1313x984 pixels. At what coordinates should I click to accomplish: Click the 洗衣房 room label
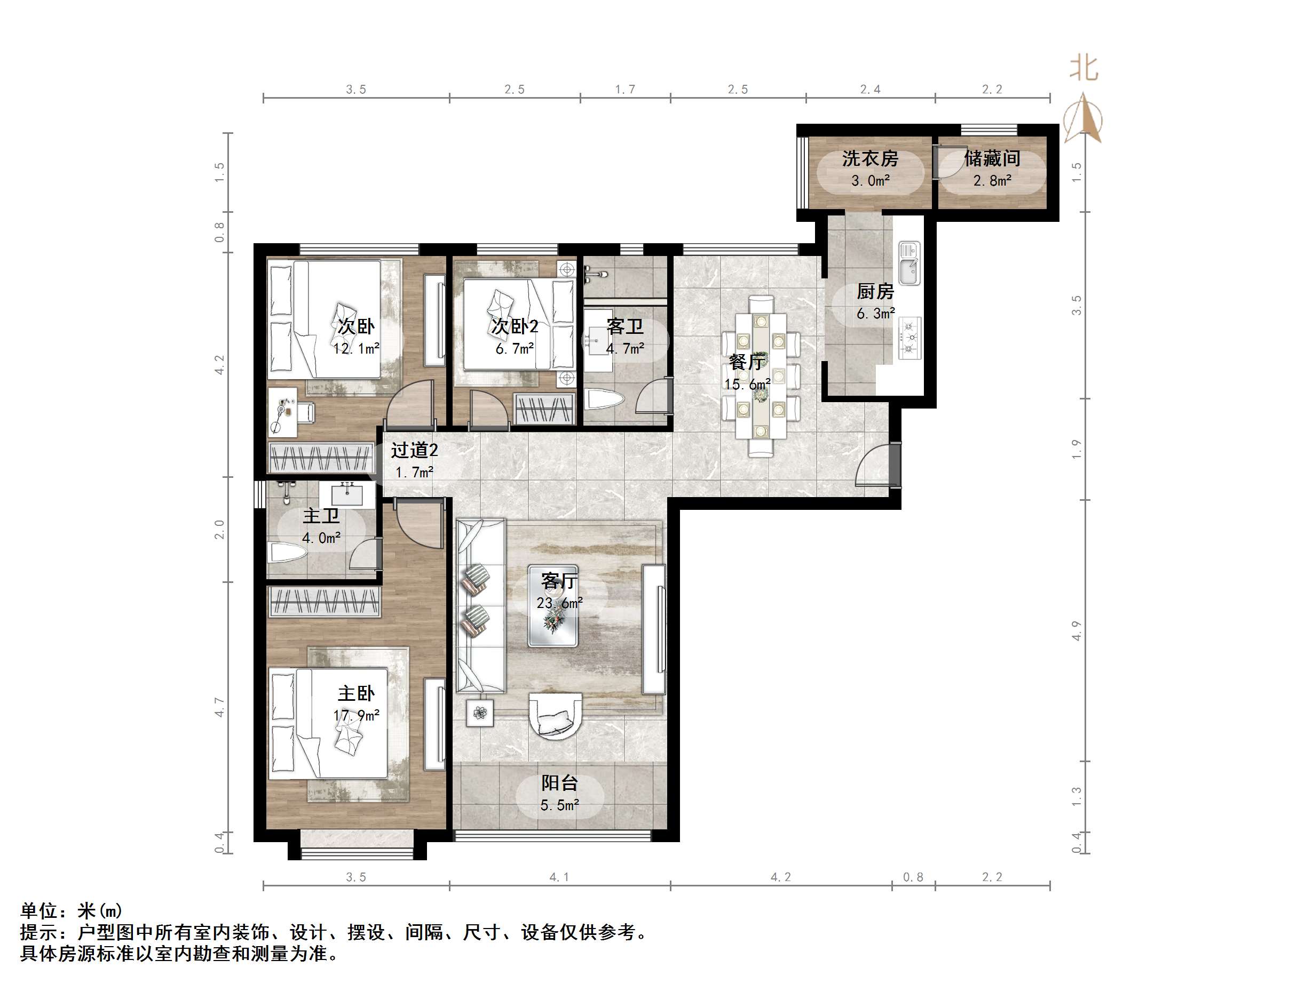[x=870, y=158]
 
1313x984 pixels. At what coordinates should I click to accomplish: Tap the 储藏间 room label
[x=992, y=158]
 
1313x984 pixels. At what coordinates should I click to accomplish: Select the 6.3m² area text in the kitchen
[x=875, y=313]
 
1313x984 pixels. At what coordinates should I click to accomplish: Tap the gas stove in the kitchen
[x=909, y=338]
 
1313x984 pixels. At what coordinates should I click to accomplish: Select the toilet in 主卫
[x=287, y=553]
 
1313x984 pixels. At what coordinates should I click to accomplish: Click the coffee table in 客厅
[x=552, y=605]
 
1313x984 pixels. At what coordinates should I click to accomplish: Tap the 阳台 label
[x=559, y=783]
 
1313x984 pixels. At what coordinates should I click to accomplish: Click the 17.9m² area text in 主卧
[x=356, y=716]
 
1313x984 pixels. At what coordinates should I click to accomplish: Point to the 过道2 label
[x=414, y=450]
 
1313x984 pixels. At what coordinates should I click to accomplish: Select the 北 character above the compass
[x=1084, y=68]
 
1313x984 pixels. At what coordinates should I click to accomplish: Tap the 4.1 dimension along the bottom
[x=559, y=877]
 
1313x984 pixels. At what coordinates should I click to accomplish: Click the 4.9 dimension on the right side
[x=1077, y=631]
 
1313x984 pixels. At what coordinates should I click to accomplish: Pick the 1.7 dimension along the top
[x=625, y=90]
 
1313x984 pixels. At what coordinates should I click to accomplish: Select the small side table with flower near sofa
[x=480, y=713]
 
